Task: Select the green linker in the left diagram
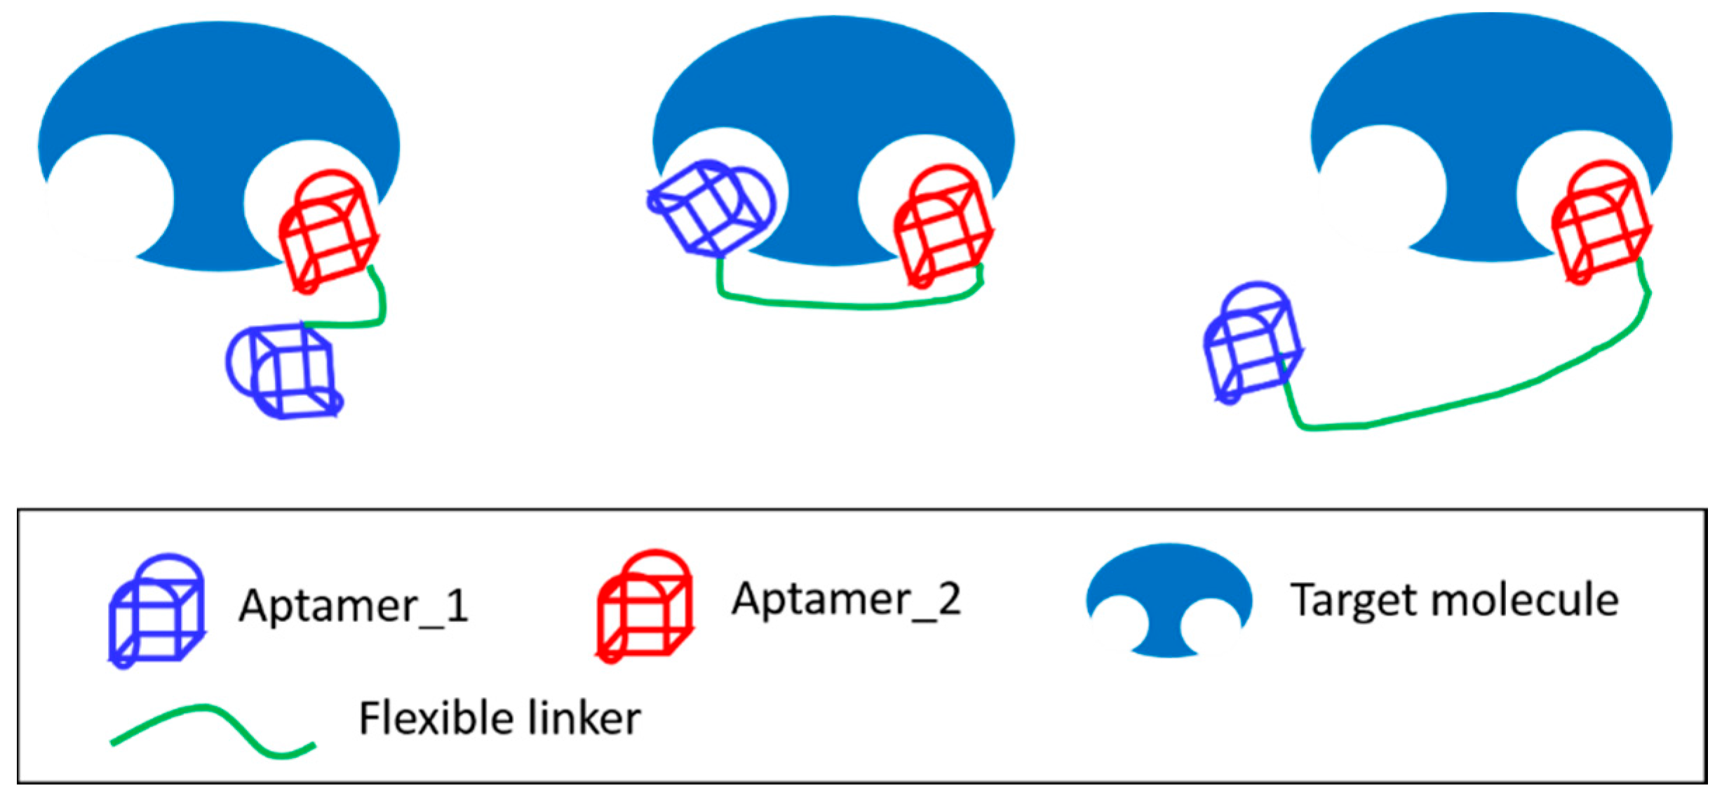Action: [x=379, y=309]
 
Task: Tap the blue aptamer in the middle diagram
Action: [x=710, y=208]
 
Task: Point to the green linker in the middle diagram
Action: [x=849, y=305]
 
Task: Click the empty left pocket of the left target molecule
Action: [x=109, y=197]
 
